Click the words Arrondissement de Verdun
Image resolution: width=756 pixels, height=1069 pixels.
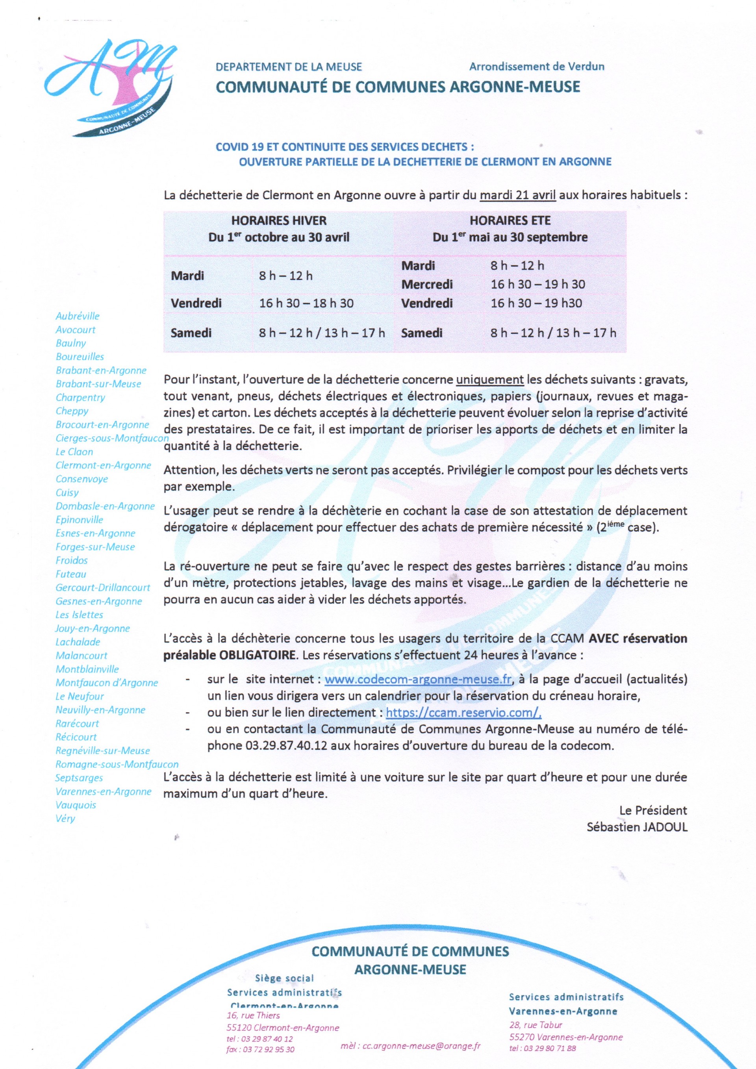click(536, 67)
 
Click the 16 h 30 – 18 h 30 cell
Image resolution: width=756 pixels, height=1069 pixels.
click(306, 304)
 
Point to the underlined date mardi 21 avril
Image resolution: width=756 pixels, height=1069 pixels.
click(518, 195)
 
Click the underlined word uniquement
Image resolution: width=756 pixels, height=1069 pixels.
click(490, 380)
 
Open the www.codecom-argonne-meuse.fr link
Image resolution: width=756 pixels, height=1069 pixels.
click(418, 679)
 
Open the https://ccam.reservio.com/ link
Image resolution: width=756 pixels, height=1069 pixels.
click(463, 712)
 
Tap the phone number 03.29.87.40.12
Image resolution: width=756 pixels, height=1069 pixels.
click(286, 745)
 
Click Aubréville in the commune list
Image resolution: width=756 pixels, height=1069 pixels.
click(78, 316)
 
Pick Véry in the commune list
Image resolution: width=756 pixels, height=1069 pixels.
click(65, 818)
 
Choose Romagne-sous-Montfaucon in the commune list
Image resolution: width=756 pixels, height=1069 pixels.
click(117, 764)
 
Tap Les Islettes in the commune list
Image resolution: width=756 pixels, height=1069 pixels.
click(79, 615)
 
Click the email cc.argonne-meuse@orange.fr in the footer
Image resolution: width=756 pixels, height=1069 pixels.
click(410, 1046)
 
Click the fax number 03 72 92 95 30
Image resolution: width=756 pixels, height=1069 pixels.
click(268, 1049)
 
